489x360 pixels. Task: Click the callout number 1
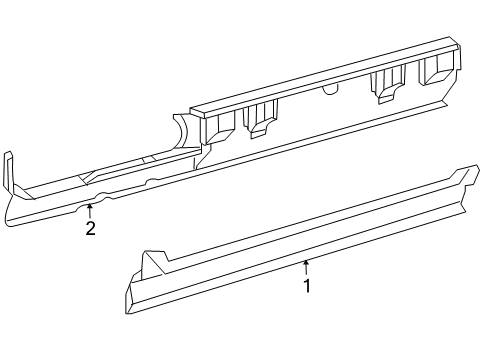tap(307, 286)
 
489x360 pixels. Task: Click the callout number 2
tap(90, 228)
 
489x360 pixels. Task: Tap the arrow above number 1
tap(307, 266)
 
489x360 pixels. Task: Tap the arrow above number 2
tap(90, 210)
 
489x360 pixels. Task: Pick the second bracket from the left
tap(262, 118)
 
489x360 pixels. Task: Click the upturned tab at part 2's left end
tap(9, 170)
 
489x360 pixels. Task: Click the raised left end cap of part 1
tap(151, 265)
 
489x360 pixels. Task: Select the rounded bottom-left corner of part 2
tap(12, 218)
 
